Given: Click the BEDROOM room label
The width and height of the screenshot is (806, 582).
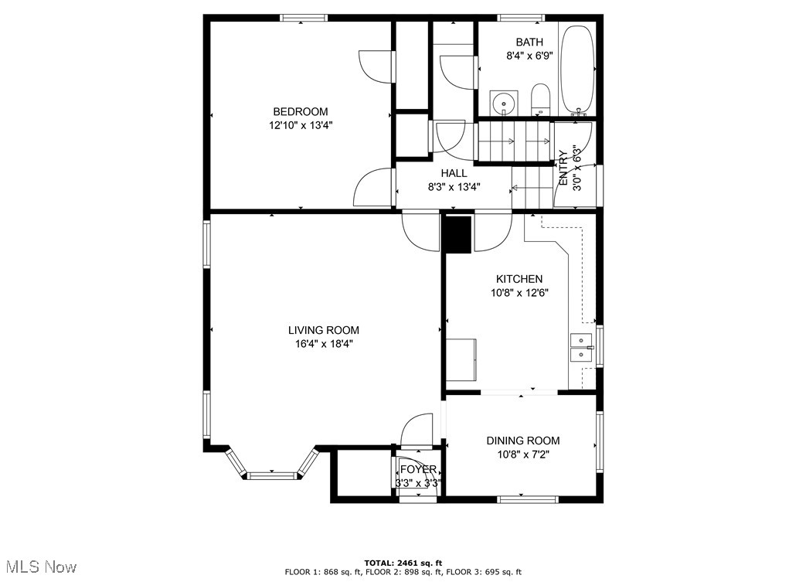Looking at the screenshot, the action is click(300, 111).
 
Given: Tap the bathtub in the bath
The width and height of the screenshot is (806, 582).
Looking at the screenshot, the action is click(576, 70).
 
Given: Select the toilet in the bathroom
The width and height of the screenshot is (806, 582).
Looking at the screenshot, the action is click(539, 100).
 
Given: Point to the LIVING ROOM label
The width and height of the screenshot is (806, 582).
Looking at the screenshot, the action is click(323, 330).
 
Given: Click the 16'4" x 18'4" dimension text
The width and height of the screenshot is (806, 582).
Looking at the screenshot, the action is click(324, 344).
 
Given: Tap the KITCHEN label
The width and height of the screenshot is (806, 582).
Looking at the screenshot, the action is click(519, 279).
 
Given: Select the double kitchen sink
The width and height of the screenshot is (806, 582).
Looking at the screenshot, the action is click(581, 348).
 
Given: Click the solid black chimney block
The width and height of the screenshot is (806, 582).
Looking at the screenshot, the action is click(458, 235).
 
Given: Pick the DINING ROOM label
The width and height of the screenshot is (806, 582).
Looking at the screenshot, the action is click(523, 441).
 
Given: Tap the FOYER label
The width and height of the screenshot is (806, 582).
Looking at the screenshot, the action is click(418, 469).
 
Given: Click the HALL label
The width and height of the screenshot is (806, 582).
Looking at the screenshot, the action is click(454, 173).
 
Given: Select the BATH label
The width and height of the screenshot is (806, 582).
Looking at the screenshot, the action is click(529, 43).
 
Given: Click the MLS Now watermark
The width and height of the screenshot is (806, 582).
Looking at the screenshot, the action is click(42, 567).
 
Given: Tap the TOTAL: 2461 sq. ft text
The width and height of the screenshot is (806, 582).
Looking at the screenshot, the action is click(403, 563).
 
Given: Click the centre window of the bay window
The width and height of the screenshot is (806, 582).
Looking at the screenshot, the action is click(272, 475).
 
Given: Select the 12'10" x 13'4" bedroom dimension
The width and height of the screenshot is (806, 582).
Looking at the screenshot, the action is click(301, 125).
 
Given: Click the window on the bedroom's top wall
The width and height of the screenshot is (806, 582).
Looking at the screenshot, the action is click(304, 18).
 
